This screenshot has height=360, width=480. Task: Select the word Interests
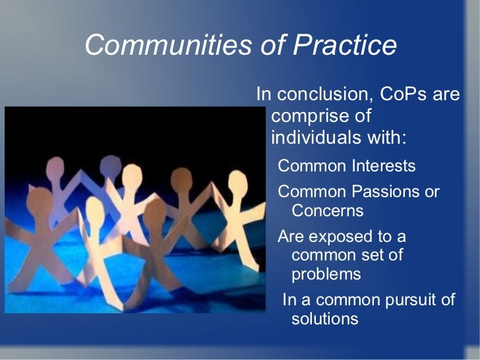(385, 165)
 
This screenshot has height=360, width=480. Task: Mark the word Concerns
(327, 211)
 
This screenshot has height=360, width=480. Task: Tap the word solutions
(324, 319)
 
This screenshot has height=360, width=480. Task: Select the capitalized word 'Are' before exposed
(291, 236)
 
